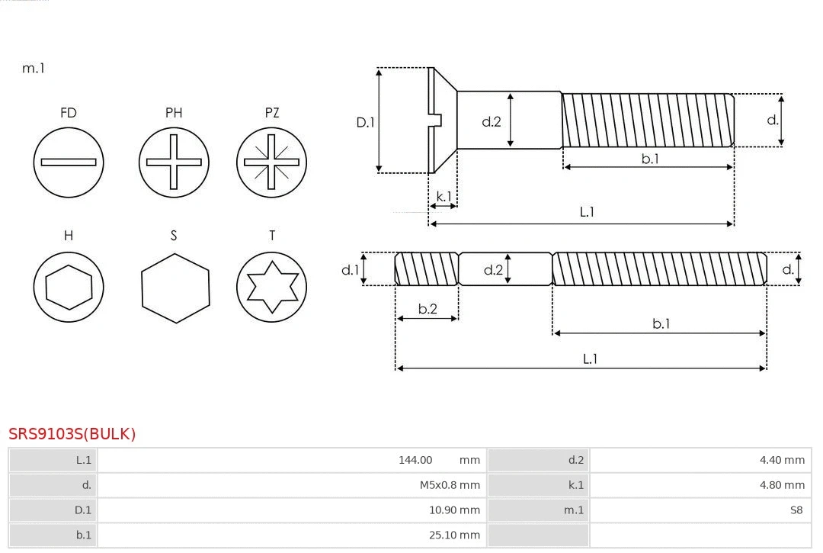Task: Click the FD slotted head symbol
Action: (69, 162)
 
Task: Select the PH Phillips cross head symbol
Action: (174, 162)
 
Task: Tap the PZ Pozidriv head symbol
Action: (272, 162)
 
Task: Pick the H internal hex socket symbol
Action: (69, 287)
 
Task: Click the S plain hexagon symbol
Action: (175, 288)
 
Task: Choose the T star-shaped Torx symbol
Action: (272, 287)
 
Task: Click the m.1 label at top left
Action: (34, 68)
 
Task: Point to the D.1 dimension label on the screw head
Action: (366, 121)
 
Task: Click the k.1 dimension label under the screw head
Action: (443, 196)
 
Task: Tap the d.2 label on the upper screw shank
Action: (492, 121)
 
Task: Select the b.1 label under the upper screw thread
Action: (649, 159)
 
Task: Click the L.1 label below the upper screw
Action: (587, 212)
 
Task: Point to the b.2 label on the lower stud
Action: (428, 309)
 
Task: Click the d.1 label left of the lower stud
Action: (350, 269)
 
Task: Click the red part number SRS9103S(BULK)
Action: (72, 434)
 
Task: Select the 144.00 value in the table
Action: (415, 460)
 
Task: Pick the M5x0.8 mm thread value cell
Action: (450, 485)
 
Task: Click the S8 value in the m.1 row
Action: (796, 510)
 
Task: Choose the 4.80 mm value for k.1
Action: (782, 485)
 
